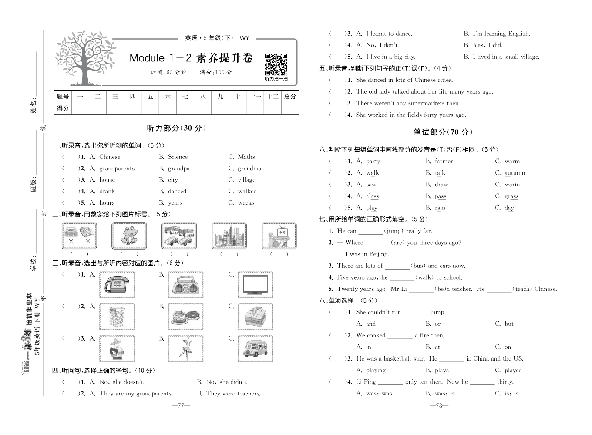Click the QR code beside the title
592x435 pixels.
[x=276, y=64]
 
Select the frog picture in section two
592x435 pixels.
[x=129, y=236]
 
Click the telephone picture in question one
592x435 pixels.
[x=117, y=285]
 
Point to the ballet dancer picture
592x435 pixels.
[x=186, y=349]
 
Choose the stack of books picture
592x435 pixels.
[x=117, y=317]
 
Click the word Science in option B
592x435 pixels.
[x=178, y=157]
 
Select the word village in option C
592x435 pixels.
[x=246, y=180]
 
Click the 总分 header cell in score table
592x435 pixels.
[x=290, y=96]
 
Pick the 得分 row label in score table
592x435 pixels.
[x=63, y=108]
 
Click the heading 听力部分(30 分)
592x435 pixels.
[x=176, y=128]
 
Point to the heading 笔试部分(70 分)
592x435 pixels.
[x=443, y=132]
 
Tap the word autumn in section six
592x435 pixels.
[x=515, y=173]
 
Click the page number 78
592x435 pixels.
[x=439, y=405]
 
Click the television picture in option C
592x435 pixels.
[x=255, y=285]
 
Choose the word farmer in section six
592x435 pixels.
[x=444, y=161]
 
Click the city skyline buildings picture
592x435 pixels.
[x=229, y=236]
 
